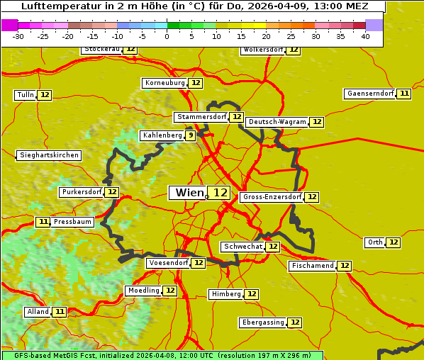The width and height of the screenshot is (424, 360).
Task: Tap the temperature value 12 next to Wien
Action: [220, 193]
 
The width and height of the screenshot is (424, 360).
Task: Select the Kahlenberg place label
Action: [162, 135]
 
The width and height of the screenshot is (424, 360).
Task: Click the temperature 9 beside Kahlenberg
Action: [190, 135]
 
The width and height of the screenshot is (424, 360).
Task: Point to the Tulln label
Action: [25, 95]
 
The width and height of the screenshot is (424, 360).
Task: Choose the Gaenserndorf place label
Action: [369, 94]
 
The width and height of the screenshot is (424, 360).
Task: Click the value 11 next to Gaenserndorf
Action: [403, 94]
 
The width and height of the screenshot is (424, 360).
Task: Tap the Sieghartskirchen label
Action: [49, 155]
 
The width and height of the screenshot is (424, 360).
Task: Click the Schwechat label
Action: [242, 247]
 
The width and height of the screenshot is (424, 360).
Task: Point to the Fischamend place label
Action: [312, 266]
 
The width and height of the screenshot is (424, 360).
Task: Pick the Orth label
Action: [375, 242]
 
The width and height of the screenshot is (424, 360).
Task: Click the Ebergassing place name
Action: [262, 322]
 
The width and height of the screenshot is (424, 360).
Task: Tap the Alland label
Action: [38, 312]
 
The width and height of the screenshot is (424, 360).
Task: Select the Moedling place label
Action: [143, 291]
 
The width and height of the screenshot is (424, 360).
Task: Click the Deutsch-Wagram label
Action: [277, 122]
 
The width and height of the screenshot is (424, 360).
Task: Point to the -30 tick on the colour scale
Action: [18, 35]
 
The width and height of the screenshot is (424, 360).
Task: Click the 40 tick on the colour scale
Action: [365, 35]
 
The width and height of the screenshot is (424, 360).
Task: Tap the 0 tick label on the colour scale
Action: [167, 35]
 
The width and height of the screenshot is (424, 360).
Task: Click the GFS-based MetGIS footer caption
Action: [162, 355]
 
